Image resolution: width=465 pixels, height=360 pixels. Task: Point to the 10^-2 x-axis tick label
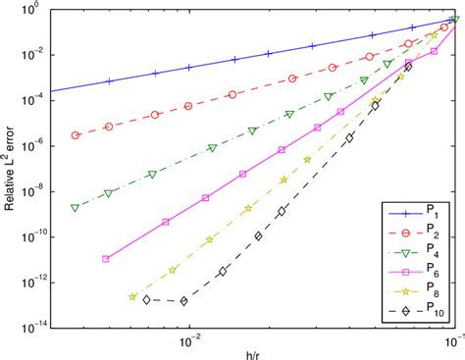point(189,341)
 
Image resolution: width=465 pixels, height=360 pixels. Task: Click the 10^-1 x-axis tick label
point(452,341)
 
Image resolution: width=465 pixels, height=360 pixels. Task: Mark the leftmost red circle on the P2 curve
point(76,135)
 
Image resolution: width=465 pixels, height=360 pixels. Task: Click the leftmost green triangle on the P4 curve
point(76,208)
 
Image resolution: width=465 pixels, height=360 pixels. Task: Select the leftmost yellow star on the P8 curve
point(132,295)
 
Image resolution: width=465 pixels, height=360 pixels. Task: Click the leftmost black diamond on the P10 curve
point(146,299)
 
